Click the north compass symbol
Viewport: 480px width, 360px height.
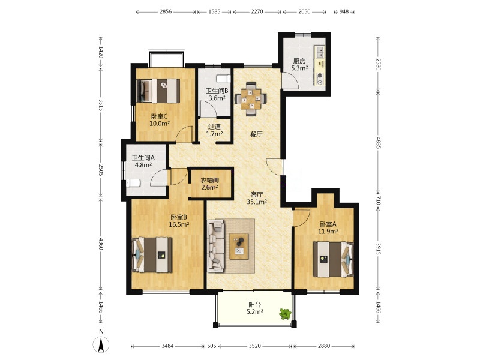point(101,344)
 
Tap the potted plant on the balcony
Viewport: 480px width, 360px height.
point(285,314)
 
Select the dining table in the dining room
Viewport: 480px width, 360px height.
point(251,98)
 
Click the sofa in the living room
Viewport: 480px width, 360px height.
point(215,246)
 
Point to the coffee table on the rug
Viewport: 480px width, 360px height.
point(239,246)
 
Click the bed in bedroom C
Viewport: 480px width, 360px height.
point(158,91)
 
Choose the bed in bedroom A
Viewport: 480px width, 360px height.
point(333,259)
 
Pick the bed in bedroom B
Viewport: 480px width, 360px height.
point(152,254)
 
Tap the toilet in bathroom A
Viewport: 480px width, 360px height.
point(133,183)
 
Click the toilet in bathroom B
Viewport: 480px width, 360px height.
point(223,79)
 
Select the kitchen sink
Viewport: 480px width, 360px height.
point(320,52)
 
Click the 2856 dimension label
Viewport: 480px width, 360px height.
point(166,11)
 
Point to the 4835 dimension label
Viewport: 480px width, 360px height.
point(378,143)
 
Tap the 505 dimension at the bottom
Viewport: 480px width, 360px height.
point(212,346)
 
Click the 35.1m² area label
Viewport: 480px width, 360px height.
point(257,202)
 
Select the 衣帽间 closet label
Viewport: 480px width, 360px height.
point(209,180)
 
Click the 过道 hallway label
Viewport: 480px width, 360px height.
point(214,127)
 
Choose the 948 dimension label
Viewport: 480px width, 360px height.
point(344,11)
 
